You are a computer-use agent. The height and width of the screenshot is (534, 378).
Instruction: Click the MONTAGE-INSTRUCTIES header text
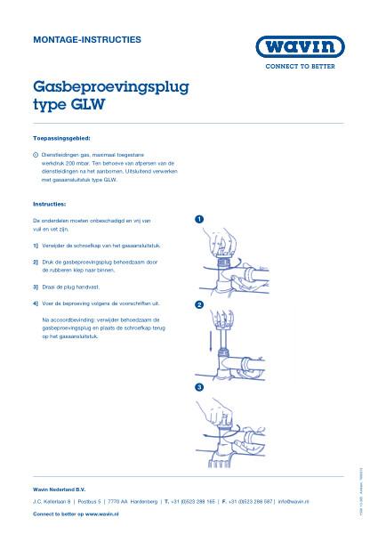[x=86, y=40]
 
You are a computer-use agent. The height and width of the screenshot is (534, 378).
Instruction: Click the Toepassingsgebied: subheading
[x=61, y=141]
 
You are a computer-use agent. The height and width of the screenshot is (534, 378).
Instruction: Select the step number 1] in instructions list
[x=36, y=244]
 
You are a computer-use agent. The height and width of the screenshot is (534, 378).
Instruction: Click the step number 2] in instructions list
[x=36, y=263]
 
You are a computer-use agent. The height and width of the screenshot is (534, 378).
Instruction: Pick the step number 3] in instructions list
[x=36, y=287]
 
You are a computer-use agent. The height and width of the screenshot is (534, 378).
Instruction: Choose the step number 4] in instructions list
[x=36, y=303]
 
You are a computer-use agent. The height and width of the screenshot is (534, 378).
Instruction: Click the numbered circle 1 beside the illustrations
[x=199, y=219]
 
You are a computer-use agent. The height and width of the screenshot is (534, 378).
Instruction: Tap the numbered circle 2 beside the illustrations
[x=199, y=305]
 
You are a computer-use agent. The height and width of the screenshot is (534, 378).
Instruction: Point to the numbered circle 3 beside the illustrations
[x=199, y=388]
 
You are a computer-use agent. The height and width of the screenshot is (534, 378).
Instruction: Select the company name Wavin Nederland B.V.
[x=59, y=489]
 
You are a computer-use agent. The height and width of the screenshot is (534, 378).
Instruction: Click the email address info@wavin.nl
[x=294, y=502]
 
